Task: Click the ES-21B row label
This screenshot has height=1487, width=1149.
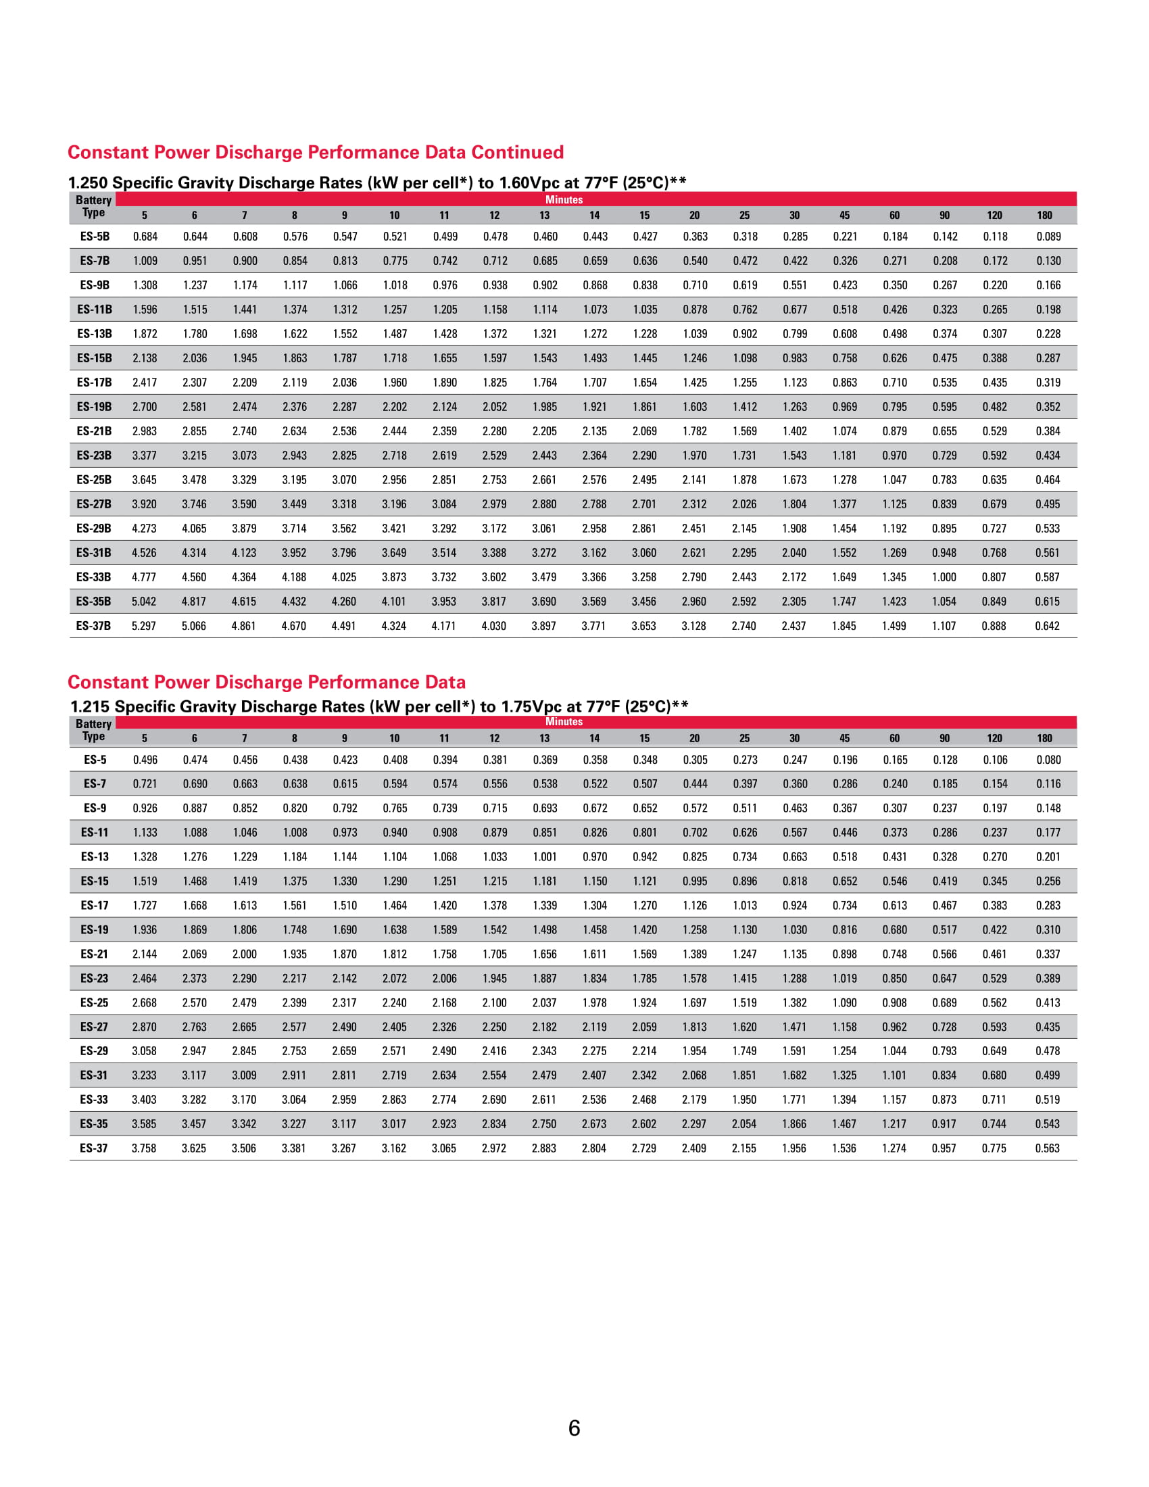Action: [x=94, y=431]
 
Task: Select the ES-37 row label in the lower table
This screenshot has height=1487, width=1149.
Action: [x=94, y=1148]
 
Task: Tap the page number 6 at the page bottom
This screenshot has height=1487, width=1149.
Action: [x=574, y=1428]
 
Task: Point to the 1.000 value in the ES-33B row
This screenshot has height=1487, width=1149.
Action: [x=944, y=577]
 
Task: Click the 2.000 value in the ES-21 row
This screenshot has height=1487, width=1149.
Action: [x=245, y=954]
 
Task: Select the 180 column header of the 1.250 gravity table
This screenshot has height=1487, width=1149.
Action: [x=1044, y=215]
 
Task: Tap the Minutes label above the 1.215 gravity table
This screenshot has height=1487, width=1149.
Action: [x=564, y=722]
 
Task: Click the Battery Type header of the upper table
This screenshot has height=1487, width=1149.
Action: [x=93, y=206]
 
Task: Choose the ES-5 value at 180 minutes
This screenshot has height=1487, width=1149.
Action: [x=1048, y=760]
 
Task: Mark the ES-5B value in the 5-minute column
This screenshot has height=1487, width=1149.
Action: [x=145, y=237]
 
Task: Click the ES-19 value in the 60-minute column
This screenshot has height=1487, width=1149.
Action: [x=894, y=929]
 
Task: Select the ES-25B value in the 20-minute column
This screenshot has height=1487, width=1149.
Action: [x=694, y=480]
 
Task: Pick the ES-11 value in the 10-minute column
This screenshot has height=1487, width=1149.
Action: [x=395, y=832]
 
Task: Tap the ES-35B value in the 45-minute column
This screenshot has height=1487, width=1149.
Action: [x=844, y=601]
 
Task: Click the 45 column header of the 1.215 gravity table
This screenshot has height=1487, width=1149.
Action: [x=844, y=738]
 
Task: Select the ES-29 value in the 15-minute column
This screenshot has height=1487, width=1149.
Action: [x=644, y=1050]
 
